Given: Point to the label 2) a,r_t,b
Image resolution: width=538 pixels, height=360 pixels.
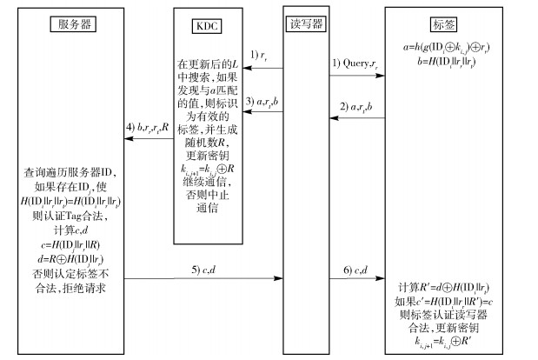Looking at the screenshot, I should [357, 110].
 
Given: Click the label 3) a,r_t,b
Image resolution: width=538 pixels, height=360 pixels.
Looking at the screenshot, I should [262, 103].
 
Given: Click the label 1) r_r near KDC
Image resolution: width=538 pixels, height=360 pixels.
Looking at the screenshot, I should [260, 56].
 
